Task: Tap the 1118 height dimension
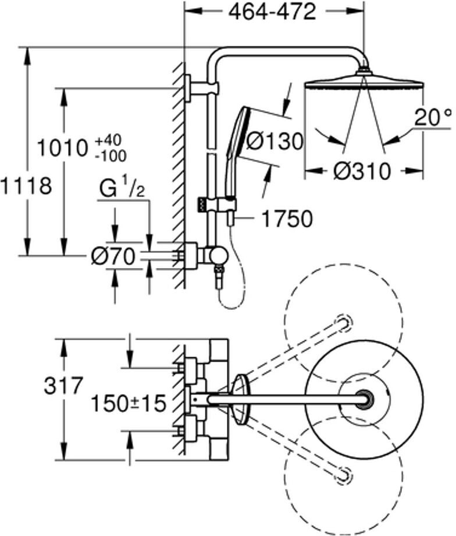click(26, 186)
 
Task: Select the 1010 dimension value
click(62, 148)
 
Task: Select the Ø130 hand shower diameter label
click(274, 141)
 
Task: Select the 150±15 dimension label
click(129, 403)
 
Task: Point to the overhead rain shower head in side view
click(364, 82)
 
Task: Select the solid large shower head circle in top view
click(364, 400)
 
